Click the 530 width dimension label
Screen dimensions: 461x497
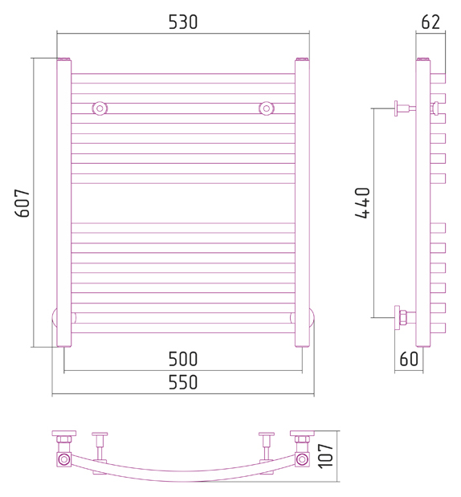tap(183, 22)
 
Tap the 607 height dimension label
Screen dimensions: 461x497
tap(22, 203)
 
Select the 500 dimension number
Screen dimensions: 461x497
tap(183, 359)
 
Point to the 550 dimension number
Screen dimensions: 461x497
tap(183, 382)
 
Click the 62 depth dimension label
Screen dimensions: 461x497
tap(430, 22)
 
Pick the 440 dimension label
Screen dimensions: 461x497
tap(362, 203)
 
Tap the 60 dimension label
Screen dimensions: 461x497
tap(409, 359)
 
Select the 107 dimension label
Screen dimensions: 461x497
tap(325, 456)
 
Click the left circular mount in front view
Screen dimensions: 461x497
tap(100, 108)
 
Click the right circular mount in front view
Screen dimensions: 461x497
tap(267, 108)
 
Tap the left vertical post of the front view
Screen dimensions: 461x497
tap(64, 203)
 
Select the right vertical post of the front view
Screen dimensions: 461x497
tap(302, 203)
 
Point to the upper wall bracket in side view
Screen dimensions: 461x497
tap(404, 108)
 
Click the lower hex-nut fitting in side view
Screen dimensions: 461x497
tap(403, 318)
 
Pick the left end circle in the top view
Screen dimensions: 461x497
tap(63, 459)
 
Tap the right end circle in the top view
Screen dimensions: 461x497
tap(302, 459)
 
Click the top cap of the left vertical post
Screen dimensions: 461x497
tap(64, 59)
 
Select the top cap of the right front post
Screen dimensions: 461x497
tap(302, 59)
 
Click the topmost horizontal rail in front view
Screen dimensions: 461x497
tap(183, 79)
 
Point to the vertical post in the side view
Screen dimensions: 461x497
tap(423, 203)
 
